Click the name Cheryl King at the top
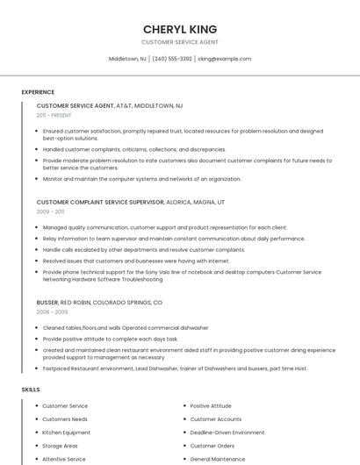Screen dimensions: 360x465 (x=180, y=29)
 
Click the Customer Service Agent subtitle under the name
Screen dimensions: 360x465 (x=180, y=42)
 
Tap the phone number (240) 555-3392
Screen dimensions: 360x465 (x=172, y=59)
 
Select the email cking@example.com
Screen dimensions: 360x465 (x=225, y=59)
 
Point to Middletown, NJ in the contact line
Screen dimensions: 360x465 (x=127, y=59)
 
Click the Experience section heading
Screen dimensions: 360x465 (x=38, y=92)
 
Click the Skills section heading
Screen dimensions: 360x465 (x=31, y=389)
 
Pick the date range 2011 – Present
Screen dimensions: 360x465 (x=54, y=115)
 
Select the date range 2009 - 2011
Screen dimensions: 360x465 (x=50, y=211)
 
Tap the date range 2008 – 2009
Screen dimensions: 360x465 (x=52, y=311)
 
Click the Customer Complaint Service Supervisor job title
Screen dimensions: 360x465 (x=100, y=202)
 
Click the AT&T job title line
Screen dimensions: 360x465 (x=110, y=105)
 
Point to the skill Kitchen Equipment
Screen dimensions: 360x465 (x=66, y=433)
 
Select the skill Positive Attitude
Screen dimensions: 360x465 (x=211, y=406)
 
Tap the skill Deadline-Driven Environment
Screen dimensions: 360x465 (x=227, y=433)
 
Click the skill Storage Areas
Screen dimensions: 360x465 (x=60, y=446)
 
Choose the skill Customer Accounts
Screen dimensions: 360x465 (x=215, y=419)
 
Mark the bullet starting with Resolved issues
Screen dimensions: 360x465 (x=136, y=261)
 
